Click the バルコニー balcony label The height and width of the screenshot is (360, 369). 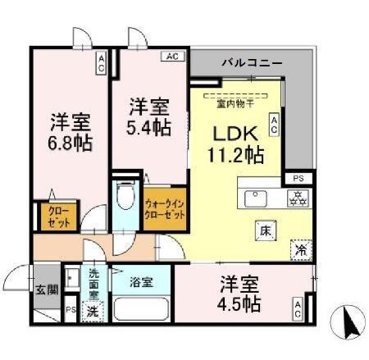point(252,62)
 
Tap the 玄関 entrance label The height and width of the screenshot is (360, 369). point(47,288)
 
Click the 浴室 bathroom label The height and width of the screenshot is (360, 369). point(141,283)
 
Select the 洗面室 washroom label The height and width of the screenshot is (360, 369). point(94,282)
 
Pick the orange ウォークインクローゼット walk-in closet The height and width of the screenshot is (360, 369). point(164,208)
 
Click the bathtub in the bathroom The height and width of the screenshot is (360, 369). point(141,311)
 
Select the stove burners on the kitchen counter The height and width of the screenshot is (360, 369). point(297,198)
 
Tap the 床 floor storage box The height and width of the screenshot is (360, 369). point(265,230)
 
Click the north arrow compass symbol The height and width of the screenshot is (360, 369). point(347,321)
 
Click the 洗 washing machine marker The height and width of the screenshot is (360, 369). point(93,311)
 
